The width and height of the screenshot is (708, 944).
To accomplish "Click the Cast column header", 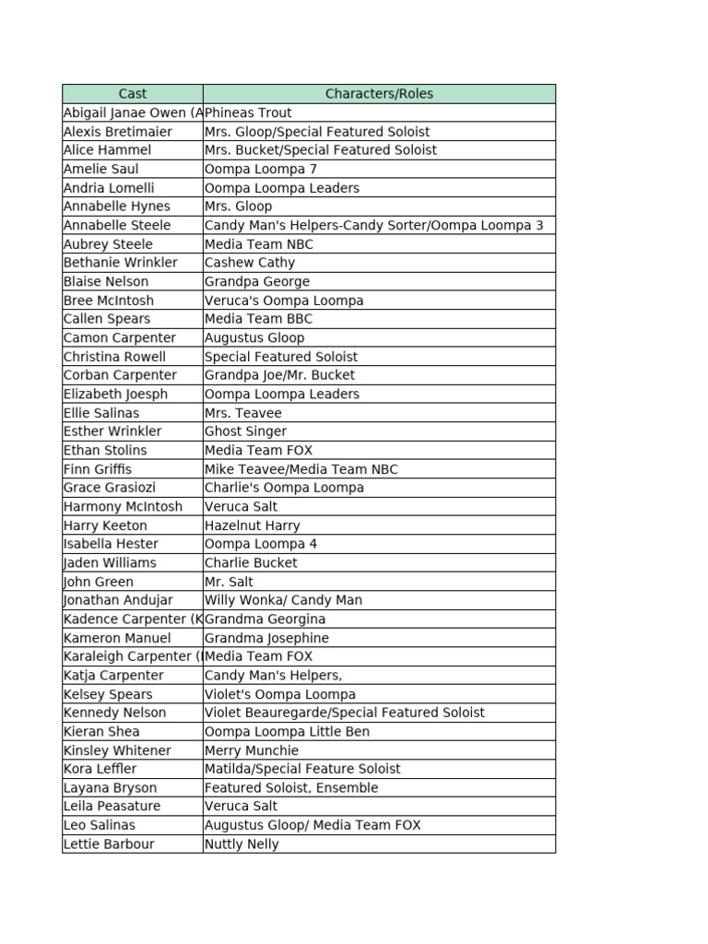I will pos(133,94).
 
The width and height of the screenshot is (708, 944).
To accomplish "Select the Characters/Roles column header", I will pos(379,94).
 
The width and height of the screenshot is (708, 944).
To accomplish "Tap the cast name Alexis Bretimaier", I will pos(118,132).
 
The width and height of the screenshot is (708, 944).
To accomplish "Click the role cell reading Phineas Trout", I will pos(248,112).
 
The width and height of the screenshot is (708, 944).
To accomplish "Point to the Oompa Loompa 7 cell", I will pos(261,169).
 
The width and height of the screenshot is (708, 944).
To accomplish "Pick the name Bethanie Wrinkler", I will pos(121,263).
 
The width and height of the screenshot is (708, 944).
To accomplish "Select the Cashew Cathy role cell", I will pos(250,263).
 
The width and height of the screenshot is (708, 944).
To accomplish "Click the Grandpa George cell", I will pos(257,281).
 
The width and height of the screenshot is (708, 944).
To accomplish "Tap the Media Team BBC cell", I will pos(259,319).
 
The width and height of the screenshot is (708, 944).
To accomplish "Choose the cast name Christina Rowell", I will pos(115,357).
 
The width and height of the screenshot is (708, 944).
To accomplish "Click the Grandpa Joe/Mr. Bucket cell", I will pos(279,375).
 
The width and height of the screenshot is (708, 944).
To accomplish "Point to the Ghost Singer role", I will pos(245,431).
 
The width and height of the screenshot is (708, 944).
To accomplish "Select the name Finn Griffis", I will pos(98,469).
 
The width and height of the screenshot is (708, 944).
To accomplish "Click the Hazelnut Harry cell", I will pos(253,525).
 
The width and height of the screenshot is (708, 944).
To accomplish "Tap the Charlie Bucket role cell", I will pos(251,562).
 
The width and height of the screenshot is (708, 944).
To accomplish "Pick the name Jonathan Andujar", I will pos(118,600).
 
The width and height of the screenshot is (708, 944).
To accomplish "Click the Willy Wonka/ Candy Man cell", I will pos(283,600).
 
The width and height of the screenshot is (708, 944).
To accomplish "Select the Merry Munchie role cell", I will pos(252,750).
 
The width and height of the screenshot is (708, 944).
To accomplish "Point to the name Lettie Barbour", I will pos(109,844).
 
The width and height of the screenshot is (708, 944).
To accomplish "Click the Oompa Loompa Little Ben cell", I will pos(287,732).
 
